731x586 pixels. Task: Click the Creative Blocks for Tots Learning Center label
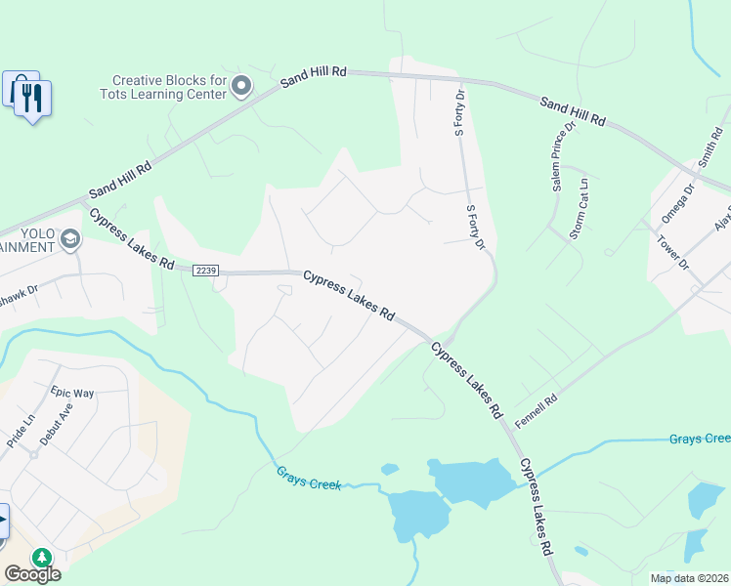[x=169, y=87]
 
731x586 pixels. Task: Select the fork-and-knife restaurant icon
[x=32, y=98]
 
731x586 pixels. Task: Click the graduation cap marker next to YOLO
[x=70, y=238]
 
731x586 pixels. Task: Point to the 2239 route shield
[x=205, y=271]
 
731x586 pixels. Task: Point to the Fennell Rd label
[x=537, y=401]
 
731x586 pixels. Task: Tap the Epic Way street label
[x=70, y=393]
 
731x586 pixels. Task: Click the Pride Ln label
[x=21, y=431]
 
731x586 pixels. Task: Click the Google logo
[x=32, y=574]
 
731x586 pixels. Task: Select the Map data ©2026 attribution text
[x=689, y=578]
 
